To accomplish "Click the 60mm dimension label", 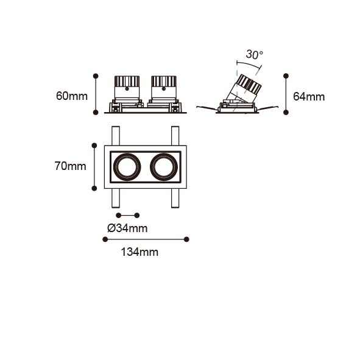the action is click(x=72, y=96).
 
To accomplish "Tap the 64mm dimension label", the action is click(x=309, y=97).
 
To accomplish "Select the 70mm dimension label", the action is click(x=71, y=166).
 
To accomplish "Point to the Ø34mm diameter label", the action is click(x=127, y=228).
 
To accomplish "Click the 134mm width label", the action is click(x=139, y=252).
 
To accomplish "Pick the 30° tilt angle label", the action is click(x=255, y=55).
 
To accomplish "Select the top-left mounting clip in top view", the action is click(x=116, y=136).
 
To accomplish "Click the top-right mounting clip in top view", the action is click(x=175, y=136).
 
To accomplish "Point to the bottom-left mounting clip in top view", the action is click(x=116, y=198).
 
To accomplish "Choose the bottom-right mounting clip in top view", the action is click(x=175, y=198).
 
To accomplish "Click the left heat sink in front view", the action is click(x=127, y=81).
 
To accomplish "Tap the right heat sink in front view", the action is click(x=164, y=81).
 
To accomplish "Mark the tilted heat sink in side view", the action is click(x=249, y=85).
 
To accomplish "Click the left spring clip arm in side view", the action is click(x=207, y=108).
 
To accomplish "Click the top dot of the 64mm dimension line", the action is click(x=286, y=76).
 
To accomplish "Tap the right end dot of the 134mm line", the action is click(x=186, y=239).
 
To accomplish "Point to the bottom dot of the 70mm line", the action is click(x=94, y=188).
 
